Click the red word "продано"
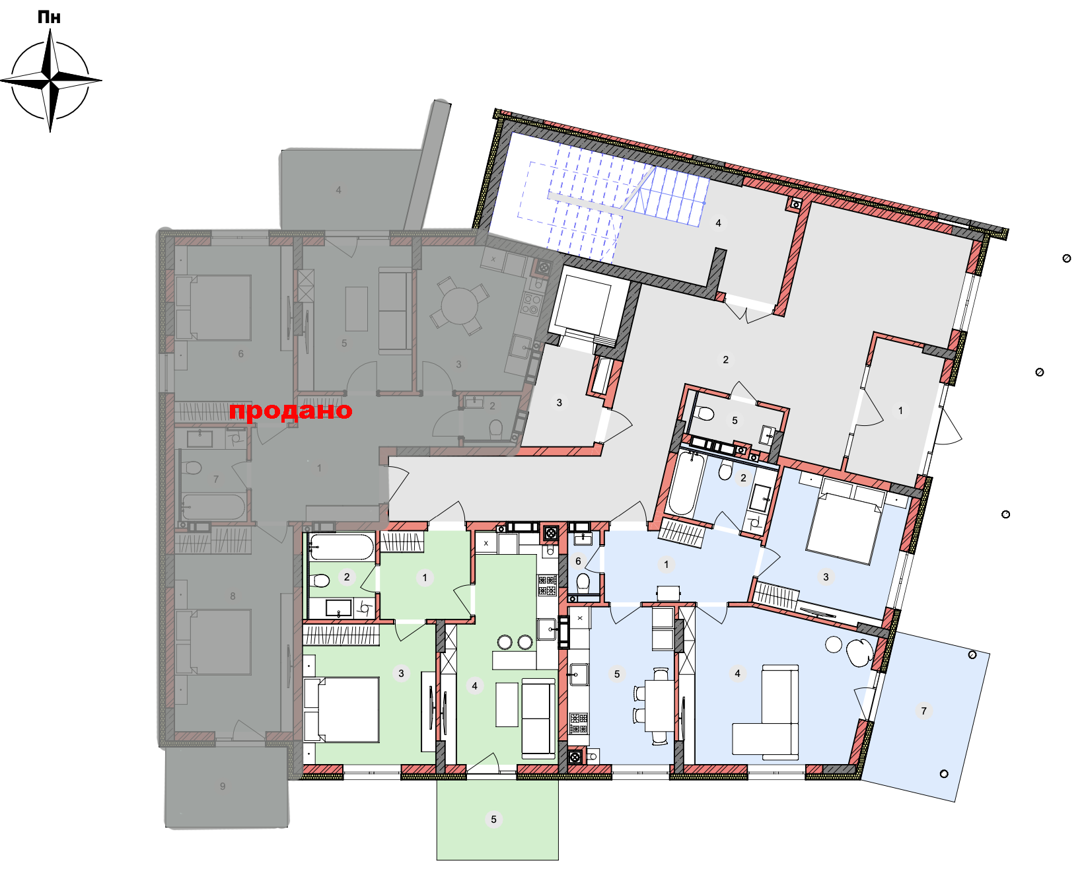291,411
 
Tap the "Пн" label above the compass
50,17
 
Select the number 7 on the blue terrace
923,711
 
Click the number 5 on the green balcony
493,820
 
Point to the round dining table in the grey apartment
460,306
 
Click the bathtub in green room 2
341,547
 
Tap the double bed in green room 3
342,709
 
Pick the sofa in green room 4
538,718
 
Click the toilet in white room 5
705,414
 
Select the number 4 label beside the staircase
718,223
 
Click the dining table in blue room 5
659,706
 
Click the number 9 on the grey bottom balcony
223,787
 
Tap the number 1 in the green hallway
425,577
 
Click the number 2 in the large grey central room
725,360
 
